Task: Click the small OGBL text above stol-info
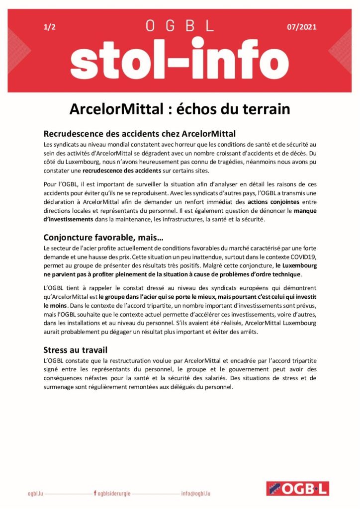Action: [180, 26]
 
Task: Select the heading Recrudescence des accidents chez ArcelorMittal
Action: [140, 134]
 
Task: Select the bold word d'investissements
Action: [70, 219]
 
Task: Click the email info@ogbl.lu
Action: [196, 494]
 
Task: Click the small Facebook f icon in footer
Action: [94, 494]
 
